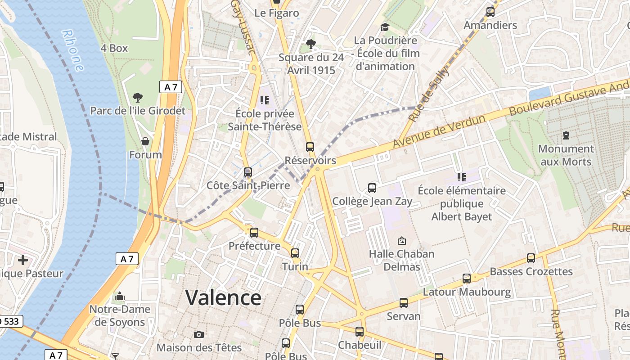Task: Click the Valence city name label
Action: tap(223, 298)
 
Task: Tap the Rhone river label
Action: tap(73, 50)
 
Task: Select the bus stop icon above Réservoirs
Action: tap(310, 147)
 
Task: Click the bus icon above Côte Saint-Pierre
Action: tap(247, 172)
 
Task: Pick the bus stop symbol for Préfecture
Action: tap(254, 233)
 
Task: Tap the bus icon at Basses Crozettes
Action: tap(531, 258)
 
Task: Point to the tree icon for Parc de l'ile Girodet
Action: tap(138, 97)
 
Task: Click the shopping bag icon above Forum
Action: tap(145, 142)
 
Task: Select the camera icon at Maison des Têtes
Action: tap(198, 334)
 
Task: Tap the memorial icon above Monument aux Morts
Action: tap(566, 135)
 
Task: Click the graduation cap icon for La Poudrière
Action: tap(384, 27)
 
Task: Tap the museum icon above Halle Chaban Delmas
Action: tap(401, 241)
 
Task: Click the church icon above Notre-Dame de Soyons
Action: tap(120, 296)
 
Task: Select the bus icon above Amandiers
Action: tap(490, 12)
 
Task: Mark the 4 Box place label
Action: tap(114, 48)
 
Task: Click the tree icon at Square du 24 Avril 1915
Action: tap(310, 44)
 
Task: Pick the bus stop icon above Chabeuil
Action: tap(359, 332)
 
